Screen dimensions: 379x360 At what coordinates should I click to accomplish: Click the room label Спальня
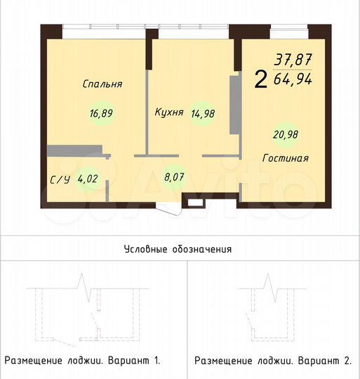102,84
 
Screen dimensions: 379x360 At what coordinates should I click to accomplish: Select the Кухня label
169,112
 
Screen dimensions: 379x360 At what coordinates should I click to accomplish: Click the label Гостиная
286,158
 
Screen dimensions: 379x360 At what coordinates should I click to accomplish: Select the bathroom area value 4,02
88,179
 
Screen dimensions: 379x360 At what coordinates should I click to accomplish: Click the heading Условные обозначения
178,248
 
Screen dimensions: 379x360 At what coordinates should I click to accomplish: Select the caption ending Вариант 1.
83,360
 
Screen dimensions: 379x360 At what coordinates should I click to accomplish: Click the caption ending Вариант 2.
273,360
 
